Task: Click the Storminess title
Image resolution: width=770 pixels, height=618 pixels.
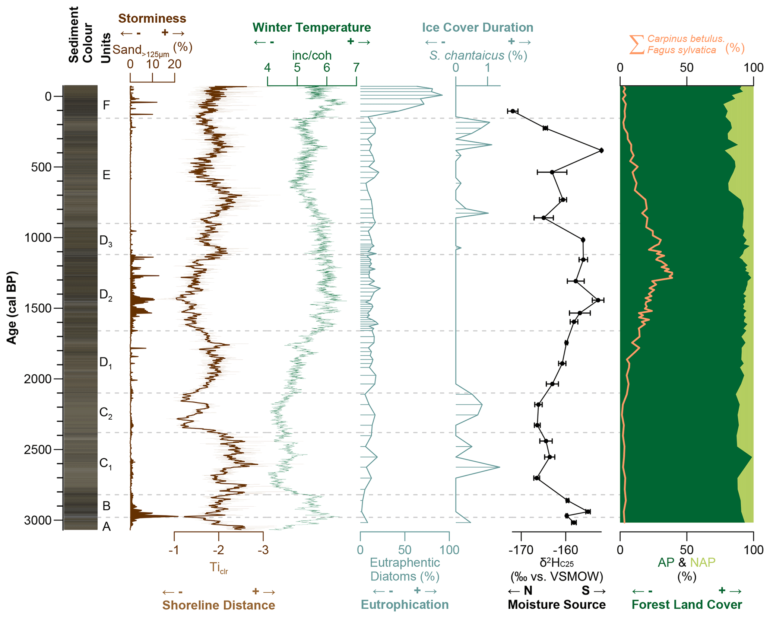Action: pos(152,18)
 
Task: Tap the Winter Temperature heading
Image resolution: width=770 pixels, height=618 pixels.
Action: pos(311,28)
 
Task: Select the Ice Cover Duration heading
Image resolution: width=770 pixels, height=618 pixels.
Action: pos(477,28)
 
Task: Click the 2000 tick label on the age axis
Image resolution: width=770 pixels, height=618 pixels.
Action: pos(38,379)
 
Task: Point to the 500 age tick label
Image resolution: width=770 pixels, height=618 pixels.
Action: pos(41,167)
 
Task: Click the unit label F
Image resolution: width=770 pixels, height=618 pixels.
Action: pos(107,105)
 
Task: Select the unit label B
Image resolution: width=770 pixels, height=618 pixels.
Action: pos(107,506)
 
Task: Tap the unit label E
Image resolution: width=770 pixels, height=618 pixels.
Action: pos(107,175)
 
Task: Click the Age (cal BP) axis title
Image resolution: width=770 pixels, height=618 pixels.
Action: pos(12,308)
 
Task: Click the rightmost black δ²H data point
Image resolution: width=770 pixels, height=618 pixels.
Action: pos(601,150)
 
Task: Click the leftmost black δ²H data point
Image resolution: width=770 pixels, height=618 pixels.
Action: pos(513,111)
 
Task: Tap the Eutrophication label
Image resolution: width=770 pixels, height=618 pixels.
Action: pos(405,605)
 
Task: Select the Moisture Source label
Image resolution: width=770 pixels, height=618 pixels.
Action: pos(557,605)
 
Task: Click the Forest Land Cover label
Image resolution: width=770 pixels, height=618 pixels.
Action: pos(687,605)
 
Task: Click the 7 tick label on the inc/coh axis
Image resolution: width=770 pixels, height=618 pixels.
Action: pos(356,68)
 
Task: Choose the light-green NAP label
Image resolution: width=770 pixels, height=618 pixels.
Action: pos(703,562)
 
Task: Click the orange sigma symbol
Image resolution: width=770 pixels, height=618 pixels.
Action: pos(637,45)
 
